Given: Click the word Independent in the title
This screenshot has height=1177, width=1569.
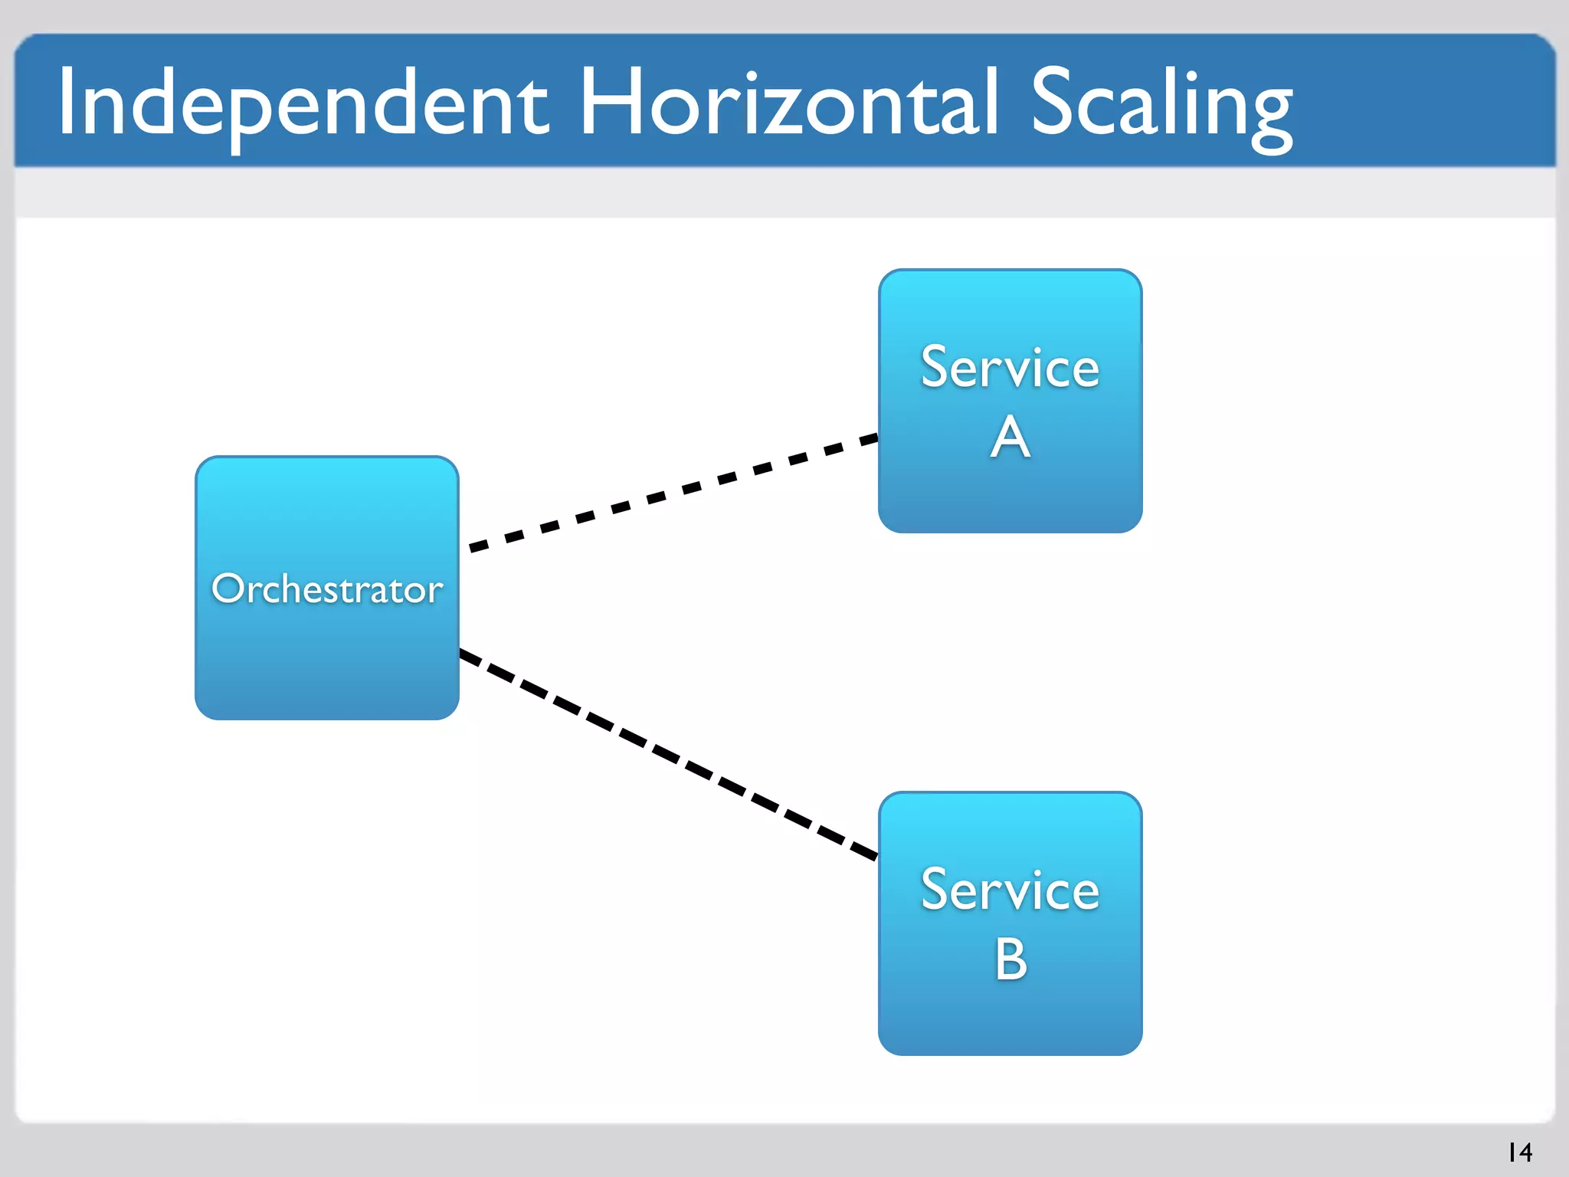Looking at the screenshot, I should click(x=303, y=103).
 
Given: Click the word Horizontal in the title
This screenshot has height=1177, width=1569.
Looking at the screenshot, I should click(x=789, y=103).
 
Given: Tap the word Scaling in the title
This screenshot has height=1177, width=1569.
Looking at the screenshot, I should click(x=1161, y=103).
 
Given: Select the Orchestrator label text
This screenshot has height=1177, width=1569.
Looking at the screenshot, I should click(x=327, y=589).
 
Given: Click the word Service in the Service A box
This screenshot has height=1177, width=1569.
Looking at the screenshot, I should click(x=1010, y=368).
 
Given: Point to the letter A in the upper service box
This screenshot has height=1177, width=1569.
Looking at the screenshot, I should click(x=1010, y=438).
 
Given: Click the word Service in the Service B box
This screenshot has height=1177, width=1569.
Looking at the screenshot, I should click(x=1010, y=890).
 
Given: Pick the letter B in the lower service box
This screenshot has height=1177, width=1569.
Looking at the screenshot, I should click(x=1011, y=959).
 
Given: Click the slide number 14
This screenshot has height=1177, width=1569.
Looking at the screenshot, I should click(x=1520, y=1152).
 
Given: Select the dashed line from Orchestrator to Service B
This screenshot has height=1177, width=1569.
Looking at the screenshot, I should click(x=668, y=754).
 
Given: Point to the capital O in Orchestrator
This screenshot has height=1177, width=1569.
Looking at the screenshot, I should click(x=228, y=589).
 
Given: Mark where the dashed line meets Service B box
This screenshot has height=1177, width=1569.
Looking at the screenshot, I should click(x=878, y=857).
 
